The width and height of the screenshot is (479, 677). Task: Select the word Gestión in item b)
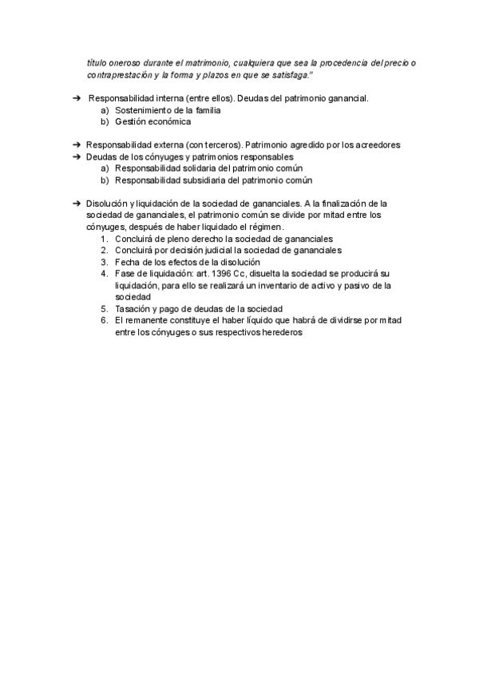132,122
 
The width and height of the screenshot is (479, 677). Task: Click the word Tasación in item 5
134,308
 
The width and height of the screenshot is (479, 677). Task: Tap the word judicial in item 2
207,250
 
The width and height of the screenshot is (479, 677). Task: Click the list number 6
104,320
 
